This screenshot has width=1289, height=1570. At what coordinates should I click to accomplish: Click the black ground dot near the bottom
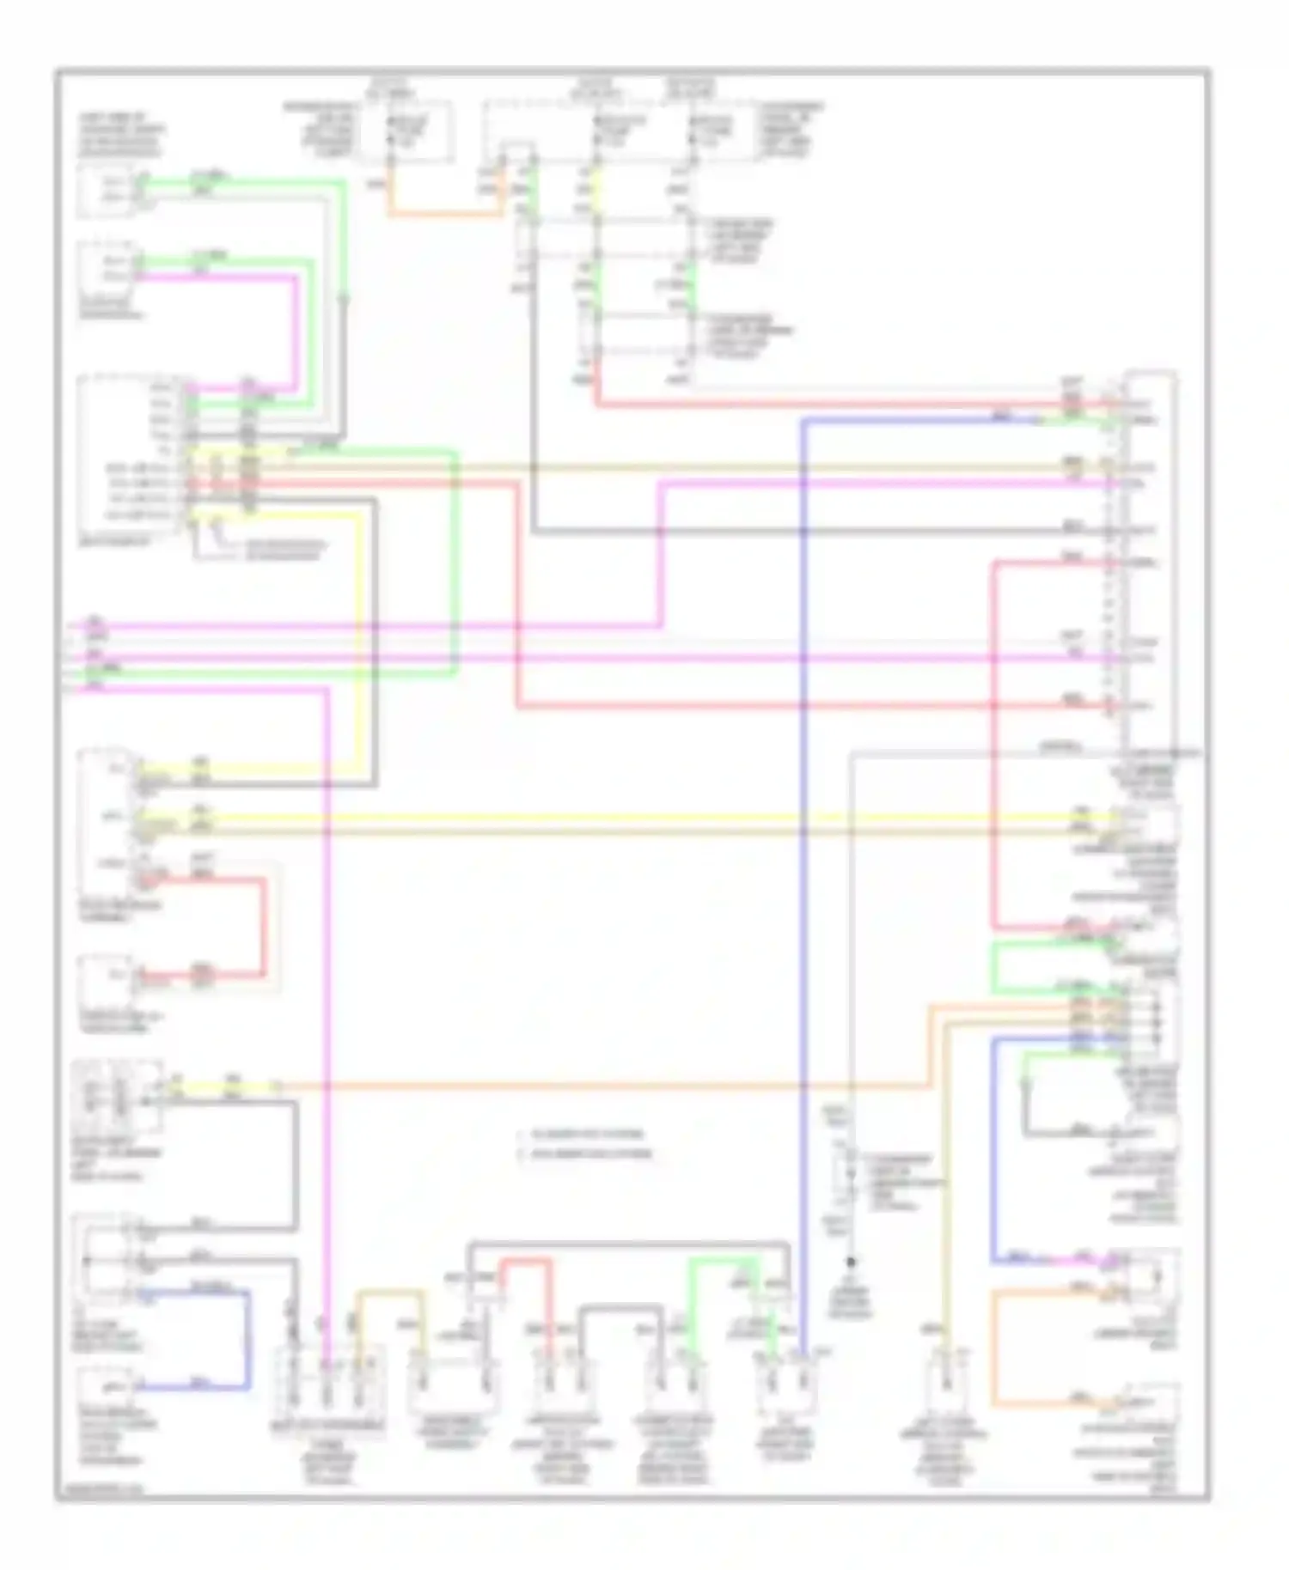[x=851, y=1262]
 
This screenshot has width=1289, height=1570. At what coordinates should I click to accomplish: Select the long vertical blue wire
[x=803, y=859]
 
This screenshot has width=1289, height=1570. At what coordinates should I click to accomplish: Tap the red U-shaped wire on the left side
[x=262, y=928]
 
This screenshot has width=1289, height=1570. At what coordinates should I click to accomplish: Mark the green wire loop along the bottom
[x=722, y=1262]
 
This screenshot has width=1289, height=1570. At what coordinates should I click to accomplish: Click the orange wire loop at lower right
[x=994, y=1348]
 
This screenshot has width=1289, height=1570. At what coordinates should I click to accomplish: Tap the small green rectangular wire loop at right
[x=994, y=966]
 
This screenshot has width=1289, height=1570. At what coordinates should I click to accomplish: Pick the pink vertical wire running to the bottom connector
[x=327, y=1031]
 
